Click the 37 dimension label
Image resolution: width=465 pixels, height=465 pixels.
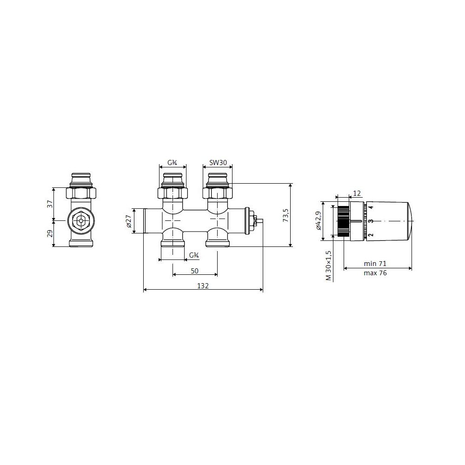pos(50,204)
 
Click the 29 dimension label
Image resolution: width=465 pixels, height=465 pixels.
pos(50,233)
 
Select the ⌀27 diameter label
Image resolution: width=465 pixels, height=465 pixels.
pos(128,221)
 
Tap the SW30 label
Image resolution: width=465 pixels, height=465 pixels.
pos(218,162)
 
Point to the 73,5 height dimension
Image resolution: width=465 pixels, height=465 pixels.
pos(286,215)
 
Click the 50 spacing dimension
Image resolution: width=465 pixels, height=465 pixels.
pos(194,271)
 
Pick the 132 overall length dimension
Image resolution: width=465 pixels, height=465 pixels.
pos(203,286)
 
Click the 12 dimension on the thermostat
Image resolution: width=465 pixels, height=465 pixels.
pos(357,193)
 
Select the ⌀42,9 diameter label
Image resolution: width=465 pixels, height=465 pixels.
pos(318,220)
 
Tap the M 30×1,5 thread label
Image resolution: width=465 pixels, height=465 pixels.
pos(328,266)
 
